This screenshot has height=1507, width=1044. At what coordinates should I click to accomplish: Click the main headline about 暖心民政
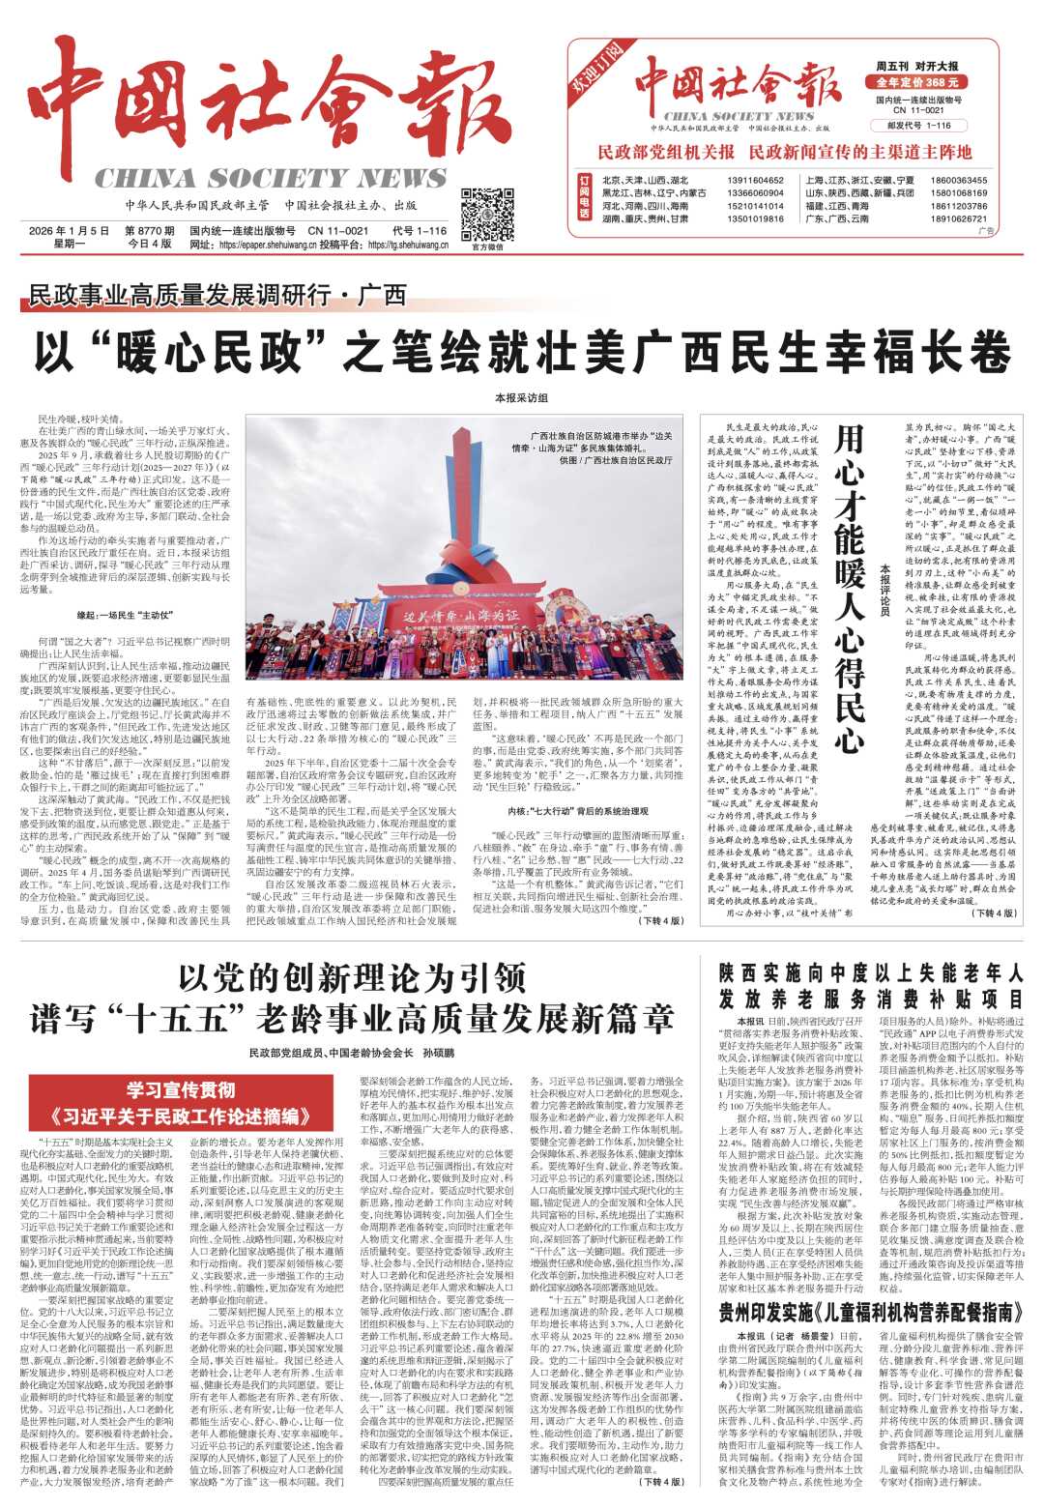tap(522, 352)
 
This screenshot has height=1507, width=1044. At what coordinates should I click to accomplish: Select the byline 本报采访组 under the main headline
tap(521, 398)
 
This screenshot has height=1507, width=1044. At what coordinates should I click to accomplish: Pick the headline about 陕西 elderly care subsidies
tap(870, 985)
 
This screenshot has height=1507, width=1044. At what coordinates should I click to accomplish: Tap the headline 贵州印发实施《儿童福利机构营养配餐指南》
tap(870, 1311)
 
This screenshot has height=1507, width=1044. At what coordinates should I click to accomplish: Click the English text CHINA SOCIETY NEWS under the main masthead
tap(270, 179)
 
